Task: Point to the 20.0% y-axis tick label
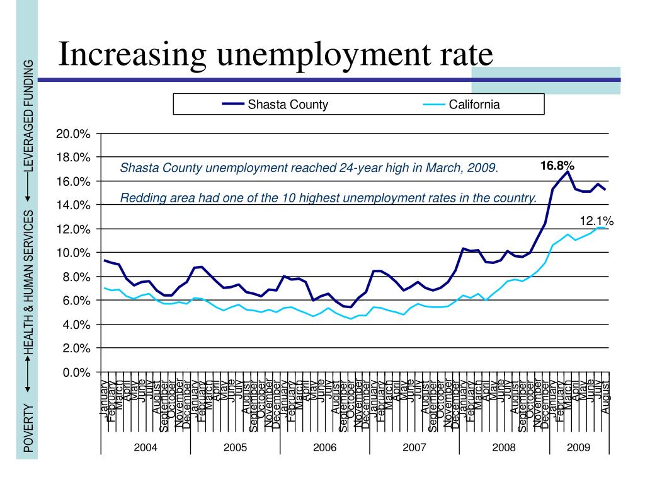tap(74, 134)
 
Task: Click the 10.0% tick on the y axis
tap(74, 253)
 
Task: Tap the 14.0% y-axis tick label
tap(74, 205)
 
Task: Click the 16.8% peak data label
tap(557, 165)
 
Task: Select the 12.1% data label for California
tap(596, 221)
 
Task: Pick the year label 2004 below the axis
tap(146, 447)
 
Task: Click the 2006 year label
tap(325, 447)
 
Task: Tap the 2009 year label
tap(578, 447)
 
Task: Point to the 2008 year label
tap(504, 447)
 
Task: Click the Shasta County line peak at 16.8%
tap(568, 171)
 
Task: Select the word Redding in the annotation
tap(139, 199)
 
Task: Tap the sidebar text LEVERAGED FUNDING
tap(28, 116)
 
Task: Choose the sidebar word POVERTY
tap(28, 429)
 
